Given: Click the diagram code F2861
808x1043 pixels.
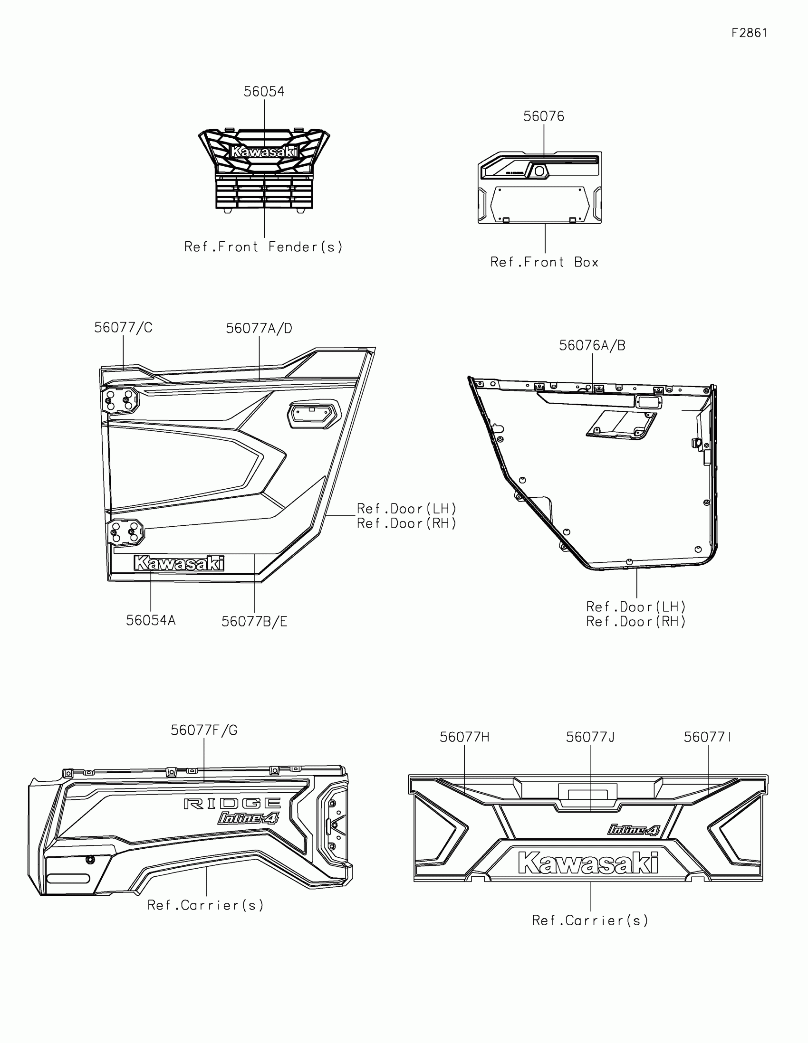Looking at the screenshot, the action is click(749, 33).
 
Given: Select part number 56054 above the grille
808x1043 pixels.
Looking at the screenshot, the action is click(264, 92).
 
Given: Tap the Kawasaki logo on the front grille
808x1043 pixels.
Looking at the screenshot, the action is click(264, 152).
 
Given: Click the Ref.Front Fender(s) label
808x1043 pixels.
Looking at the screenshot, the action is click(264, 247).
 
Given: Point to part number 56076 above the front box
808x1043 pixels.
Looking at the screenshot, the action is click(543, 116).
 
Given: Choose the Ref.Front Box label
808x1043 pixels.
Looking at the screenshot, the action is click(544, 262).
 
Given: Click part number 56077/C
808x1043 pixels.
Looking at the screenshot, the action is click(123, 328).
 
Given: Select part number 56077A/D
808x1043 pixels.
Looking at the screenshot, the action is click(259, 329).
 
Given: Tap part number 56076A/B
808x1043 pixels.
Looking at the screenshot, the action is click(592, 345).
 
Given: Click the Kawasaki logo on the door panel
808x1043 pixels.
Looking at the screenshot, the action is click(179, 563).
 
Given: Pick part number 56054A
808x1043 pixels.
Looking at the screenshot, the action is click(151, 620).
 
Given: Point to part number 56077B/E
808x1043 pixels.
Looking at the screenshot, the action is click(254, 622).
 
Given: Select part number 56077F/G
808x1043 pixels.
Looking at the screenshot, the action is click(204, 730).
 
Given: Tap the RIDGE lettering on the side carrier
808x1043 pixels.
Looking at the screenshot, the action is click(232, 804).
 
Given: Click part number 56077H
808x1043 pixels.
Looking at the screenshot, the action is click(464, 737).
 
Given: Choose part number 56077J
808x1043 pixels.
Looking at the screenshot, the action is click(590, 737).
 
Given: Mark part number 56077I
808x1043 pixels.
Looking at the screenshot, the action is click(707, 737).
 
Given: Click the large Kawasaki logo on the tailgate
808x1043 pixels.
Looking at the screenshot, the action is click(588, 863).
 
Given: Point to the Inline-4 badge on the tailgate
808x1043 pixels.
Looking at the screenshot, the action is click(633, 830).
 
